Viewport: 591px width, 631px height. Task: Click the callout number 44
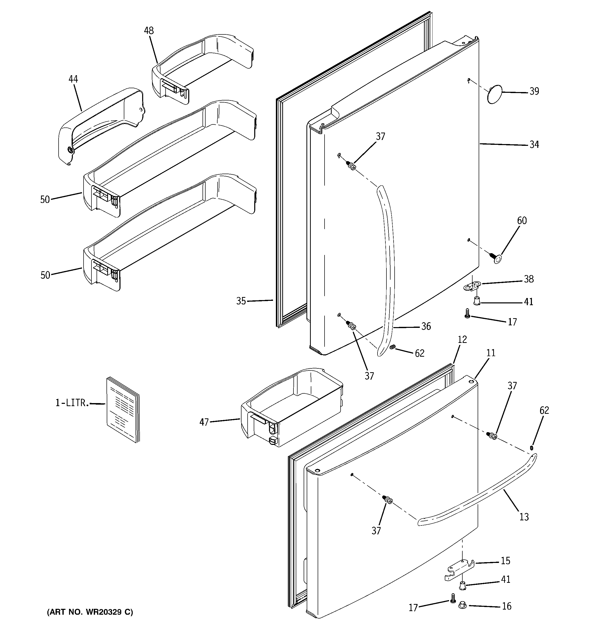73,79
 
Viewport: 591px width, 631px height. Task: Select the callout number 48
149,31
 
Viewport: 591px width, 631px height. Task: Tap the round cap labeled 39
494,94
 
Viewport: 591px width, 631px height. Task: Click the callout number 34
534,145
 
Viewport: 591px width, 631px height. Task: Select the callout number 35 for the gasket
241,301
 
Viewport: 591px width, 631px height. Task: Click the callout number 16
507,607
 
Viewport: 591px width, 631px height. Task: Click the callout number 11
491,353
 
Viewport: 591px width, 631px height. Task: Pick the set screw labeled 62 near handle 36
392,348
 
